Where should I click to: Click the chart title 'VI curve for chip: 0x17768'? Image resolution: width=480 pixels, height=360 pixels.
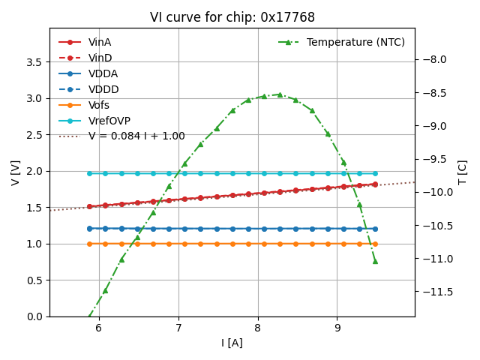pos(232,17)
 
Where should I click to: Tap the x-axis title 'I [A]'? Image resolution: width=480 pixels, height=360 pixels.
pos(232,343)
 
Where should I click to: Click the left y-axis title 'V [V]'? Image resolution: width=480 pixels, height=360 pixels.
pos(16,172)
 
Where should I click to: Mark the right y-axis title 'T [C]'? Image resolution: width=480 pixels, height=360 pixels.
pos(462,172)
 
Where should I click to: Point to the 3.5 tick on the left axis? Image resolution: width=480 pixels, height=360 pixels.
pos(34,62)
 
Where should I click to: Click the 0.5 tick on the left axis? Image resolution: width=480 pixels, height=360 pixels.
pos(34,280)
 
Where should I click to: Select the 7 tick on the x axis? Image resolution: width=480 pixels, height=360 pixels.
pos(178,328)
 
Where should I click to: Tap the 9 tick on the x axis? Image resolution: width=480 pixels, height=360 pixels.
pos(337,328)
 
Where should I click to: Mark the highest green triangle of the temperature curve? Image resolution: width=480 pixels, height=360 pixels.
pos(280,94)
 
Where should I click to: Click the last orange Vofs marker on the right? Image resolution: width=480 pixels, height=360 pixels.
pos(375,244)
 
